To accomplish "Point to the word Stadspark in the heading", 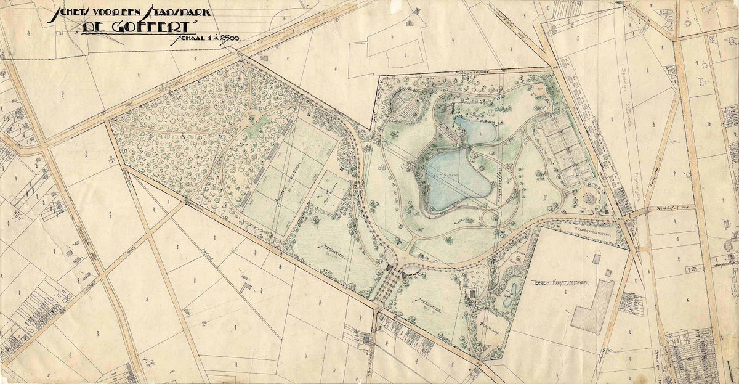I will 190,12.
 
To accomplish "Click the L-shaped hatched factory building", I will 591,308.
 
